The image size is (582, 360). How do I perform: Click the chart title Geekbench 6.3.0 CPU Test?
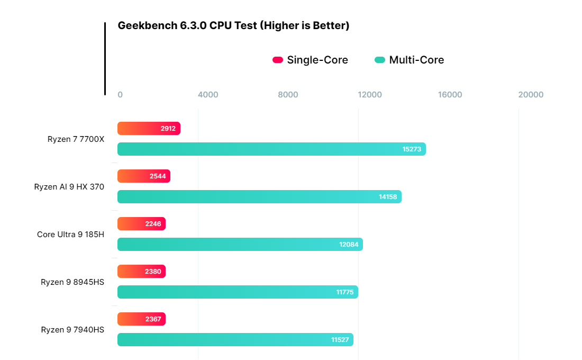(x=187, y=25)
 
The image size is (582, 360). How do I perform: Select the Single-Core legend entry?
(x=310, y=60)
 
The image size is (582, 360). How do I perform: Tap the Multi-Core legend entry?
(x=410, y=60)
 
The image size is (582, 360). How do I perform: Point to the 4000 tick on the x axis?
(x=208, y=95)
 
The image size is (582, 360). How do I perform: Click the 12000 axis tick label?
(x=370, y=95)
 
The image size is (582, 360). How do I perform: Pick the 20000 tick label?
(x=531, y=95)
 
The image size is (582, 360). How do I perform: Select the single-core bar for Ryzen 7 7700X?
(x=149, y=129)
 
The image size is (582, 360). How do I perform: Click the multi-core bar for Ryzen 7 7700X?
(x=272, y=149)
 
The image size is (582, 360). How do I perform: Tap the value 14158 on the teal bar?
(x=388, y=197)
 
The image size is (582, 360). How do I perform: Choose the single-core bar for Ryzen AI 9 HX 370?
(x=144, y=176)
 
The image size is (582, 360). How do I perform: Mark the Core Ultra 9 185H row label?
(x=70, y=235)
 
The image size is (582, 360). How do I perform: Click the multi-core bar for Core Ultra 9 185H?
(x=240, y=245)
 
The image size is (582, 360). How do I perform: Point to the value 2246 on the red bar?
(x=153, y=223)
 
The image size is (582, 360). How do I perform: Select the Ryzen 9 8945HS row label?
(x=72, y=282)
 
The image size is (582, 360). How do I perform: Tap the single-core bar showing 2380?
(x=141, y=271)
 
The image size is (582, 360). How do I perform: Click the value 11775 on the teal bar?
(x=345, y=292)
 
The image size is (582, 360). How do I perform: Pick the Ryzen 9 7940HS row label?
(x=72, y=329)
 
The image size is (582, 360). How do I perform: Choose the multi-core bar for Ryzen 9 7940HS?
(x=235, y=339)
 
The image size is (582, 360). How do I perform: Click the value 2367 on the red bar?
(x=153, y=319)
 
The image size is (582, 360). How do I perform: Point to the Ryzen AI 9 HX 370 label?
(x=69, y=187)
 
